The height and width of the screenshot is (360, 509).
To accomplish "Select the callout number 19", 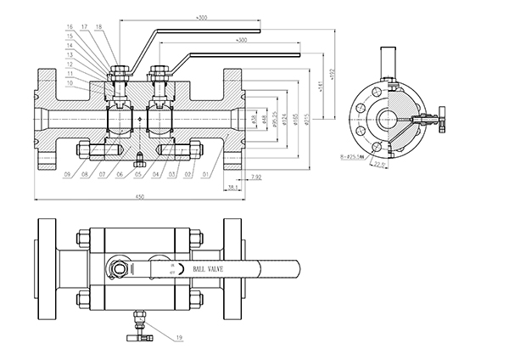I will [x=180, y=339].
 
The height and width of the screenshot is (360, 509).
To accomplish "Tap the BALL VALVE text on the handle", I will [x=209, y=268].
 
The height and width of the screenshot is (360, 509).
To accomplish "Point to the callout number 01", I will [x=207, y=175].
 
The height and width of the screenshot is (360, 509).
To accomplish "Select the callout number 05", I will [x=137, y=175].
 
